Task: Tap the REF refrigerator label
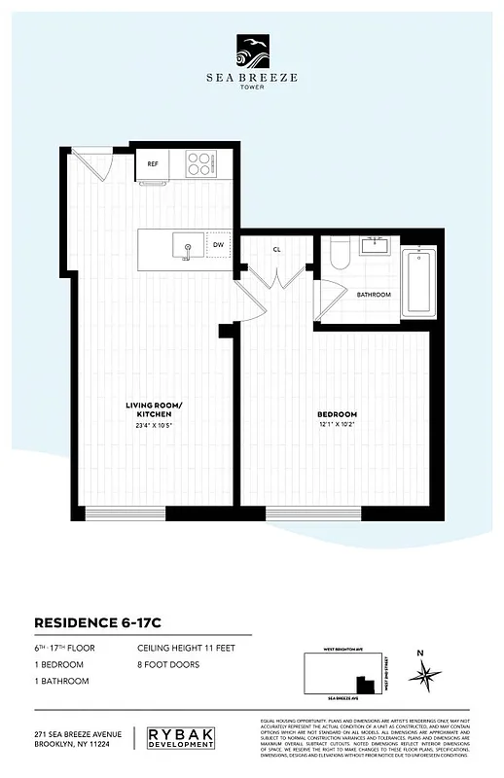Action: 153,164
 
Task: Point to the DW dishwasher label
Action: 219,246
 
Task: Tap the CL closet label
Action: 277,249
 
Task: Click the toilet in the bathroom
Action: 339,255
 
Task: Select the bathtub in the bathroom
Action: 418,283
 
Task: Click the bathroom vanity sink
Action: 374,246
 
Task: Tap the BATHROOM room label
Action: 374,294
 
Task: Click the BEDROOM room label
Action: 337,414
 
